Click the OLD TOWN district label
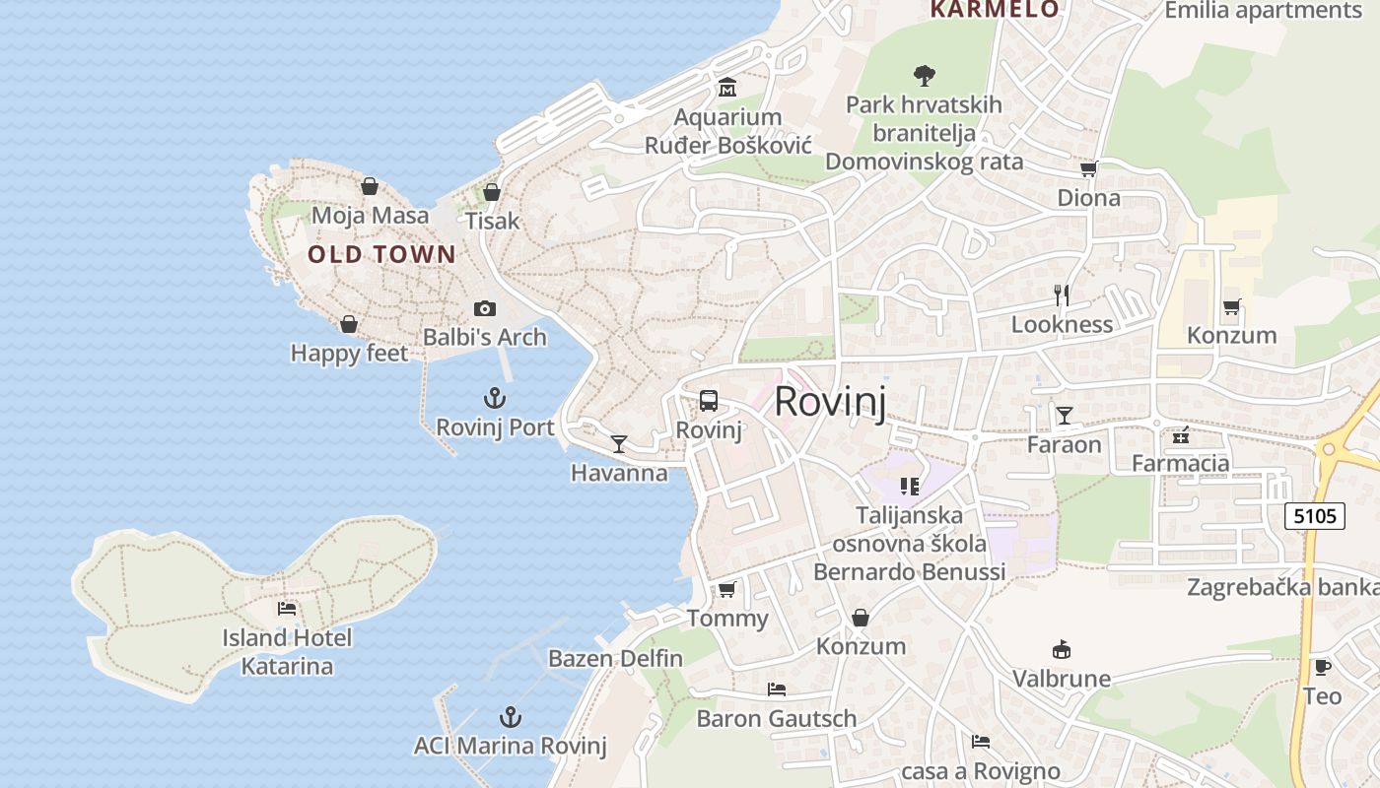pyautogui.click(x=381, y=255)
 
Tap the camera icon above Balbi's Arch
pyautogui.click(x=484, y=309)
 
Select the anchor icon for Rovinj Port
pyautogui.click(x=495, y=398)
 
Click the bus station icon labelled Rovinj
pyautogui.click(x=709, y=401)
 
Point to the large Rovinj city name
pyautogui.click(x=830, y=402)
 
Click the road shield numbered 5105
pyautogui.click(x=1315, y=515)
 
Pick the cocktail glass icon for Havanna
pyautogui.click(x=618, y=444)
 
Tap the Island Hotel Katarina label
pyautogui.click(x=287, y=652)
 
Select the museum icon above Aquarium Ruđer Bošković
pyautogui.click(x=727, y=88)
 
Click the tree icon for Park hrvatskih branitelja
pyautogui.click(x=924, y=75)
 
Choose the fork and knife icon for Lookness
pyautogui.click(x=1062, y=295)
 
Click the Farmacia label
pyautogui.click(x=1180, y=463)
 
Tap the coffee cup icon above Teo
pyautogui.click(x=1322, y=667)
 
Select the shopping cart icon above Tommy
pyautogui.click(x=727, y=589)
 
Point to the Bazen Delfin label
pyautogui.click(x=615, y=658)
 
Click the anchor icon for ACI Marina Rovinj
pyautogui.click(x=510, y=716)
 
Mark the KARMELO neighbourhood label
pyautogui.click(x=995, y=10)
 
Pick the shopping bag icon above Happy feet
pyautogui.click(x=348, y=324)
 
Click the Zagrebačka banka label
pyautogui.click(x=1282, y=587)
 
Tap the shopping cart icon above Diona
pyautogui.click(x=1088, y=168)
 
